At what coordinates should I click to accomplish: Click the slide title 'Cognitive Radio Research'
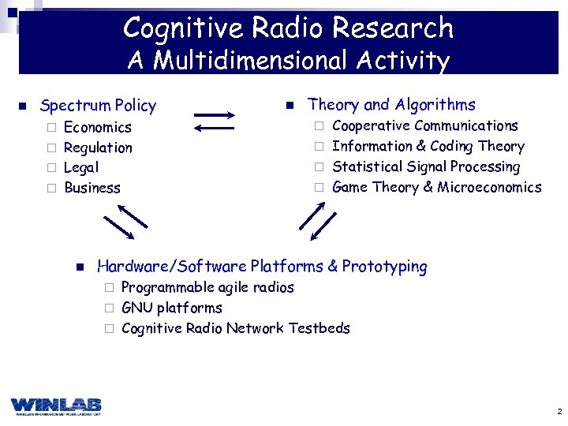tap(288, 28)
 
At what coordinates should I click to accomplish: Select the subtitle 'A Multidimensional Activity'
tap(288, 61)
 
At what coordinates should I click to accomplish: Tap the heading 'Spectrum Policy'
tap(98, 106)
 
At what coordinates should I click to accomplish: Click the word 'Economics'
tap(98, 127)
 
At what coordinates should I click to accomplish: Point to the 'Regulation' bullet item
tap(98, 148)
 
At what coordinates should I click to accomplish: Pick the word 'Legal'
tap(81, 167)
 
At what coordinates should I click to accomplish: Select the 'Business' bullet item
tap(92, 188)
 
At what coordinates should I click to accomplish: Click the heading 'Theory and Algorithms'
tap(391, 105)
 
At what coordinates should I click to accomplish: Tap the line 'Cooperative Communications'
tap(425, 125)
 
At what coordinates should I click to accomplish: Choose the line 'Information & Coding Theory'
tap(428, 146)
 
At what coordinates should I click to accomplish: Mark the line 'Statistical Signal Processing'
tap(426, 166)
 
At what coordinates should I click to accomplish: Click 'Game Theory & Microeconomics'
tap(437, 187)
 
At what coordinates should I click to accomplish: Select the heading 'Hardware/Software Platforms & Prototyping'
tap(261, 267)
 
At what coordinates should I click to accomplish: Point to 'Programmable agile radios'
tap(207, 287)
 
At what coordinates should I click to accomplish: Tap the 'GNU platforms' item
tap(172, 308)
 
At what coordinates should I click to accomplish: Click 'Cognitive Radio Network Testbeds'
tap(236, 328)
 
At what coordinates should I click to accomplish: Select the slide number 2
tap(559, 412)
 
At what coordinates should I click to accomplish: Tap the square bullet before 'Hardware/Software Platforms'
tap(80, 267)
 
